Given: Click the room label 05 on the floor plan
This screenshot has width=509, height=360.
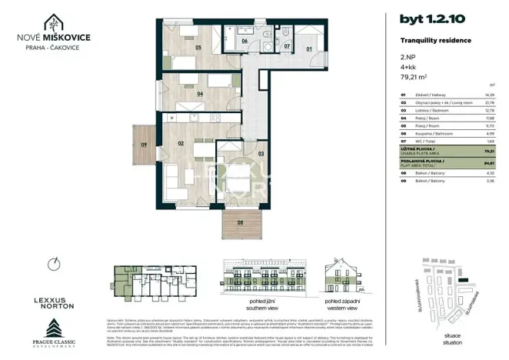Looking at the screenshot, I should coord(198,48).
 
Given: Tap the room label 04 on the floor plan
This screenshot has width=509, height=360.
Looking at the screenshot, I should coord(200,95).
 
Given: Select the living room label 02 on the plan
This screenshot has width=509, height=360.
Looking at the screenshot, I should coord(181,143).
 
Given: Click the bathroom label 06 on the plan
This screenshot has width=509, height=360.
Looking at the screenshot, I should coord(244,42).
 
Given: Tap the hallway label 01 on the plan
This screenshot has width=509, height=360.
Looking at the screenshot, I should coord(310,49).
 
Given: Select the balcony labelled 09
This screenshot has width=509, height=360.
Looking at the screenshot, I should coord(143,143).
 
